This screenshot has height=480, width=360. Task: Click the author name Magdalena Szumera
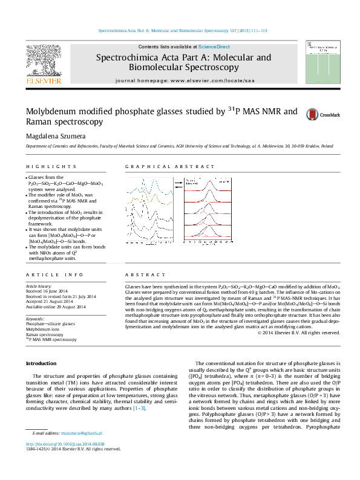click(52, 137)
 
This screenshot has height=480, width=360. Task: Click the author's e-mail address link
click(85, 450)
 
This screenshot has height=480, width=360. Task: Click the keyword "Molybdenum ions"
click(44, 329)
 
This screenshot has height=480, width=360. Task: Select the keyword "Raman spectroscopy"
click(44, 334)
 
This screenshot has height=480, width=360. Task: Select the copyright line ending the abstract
click(298, 332)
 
